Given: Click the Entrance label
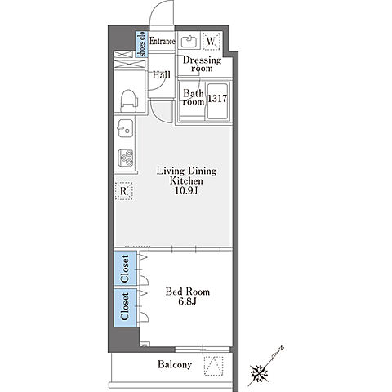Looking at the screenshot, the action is (163, 41).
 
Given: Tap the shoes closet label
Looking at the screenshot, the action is (141, 44).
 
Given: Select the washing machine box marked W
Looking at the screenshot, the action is (212, 41).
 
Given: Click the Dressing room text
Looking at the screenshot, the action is (202, 64).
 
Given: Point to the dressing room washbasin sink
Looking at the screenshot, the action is (189, 41).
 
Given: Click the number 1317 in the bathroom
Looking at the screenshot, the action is (217, 98).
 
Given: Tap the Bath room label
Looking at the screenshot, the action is (194, 97).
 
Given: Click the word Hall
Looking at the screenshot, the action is (162, 75).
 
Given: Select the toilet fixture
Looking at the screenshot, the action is (128, 100).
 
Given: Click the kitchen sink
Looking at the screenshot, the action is (125, 128).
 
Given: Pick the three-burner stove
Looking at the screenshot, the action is (126, 158).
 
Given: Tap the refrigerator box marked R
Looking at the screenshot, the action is (123, 191).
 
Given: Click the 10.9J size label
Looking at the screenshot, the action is (186, 190).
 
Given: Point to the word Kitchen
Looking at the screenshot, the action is (186, 180).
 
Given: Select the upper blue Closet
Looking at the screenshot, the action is (125, 269).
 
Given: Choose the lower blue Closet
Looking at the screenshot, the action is (125, 307).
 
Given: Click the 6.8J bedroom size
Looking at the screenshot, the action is (188, 301).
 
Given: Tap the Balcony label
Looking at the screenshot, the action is (175, 364).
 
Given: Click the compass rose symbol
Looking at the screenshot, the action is (259, 372).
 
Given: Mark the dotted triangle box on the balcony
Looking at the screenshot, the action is (214, 366).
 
